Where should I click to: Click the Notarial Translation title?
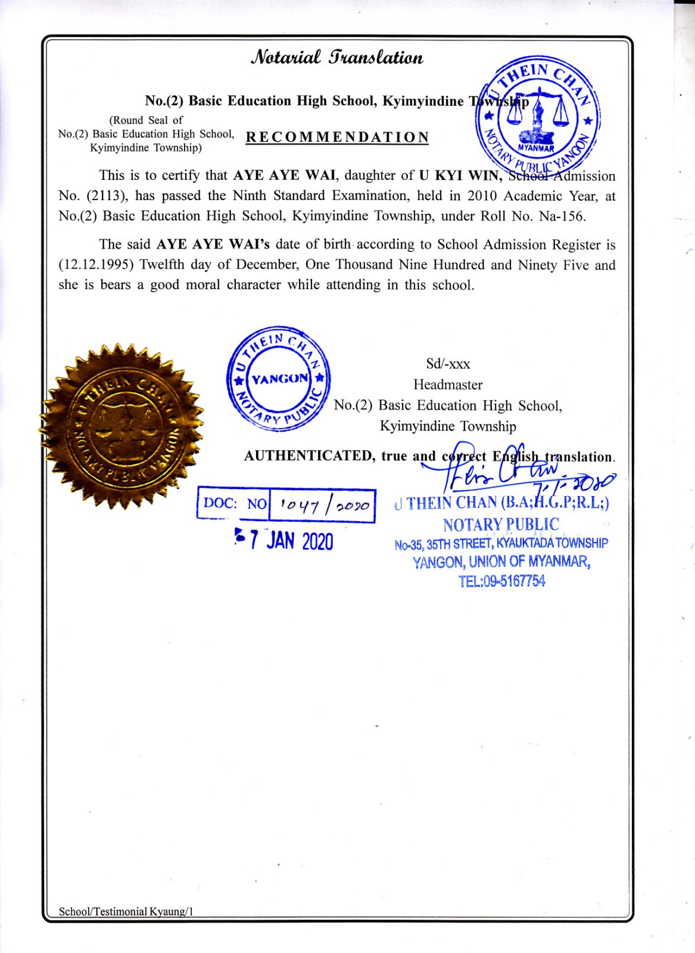(x=336, y=57)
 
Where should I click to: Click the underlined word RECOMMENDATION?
(x=337, y=138)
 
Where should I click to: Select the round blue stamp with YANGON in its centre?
(x=279, y=379)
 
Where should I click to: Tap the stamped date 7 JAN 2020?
(x=285, y=540)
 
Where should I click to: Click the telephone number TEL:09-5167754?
(x=501, y=581)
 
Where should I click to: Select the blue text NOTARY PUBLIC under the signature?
(x=501, y=525)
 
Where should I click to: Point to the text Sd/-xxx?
(x=448, y=364)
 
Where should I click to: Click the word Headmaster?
(x=448, y=385)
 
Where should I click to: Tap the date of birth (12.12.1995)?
(x=96, y=265)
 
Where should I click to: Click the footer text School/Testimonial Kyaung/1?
(x=126, y=911)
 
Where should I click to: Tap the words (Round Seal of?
(x=145, y=120)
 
